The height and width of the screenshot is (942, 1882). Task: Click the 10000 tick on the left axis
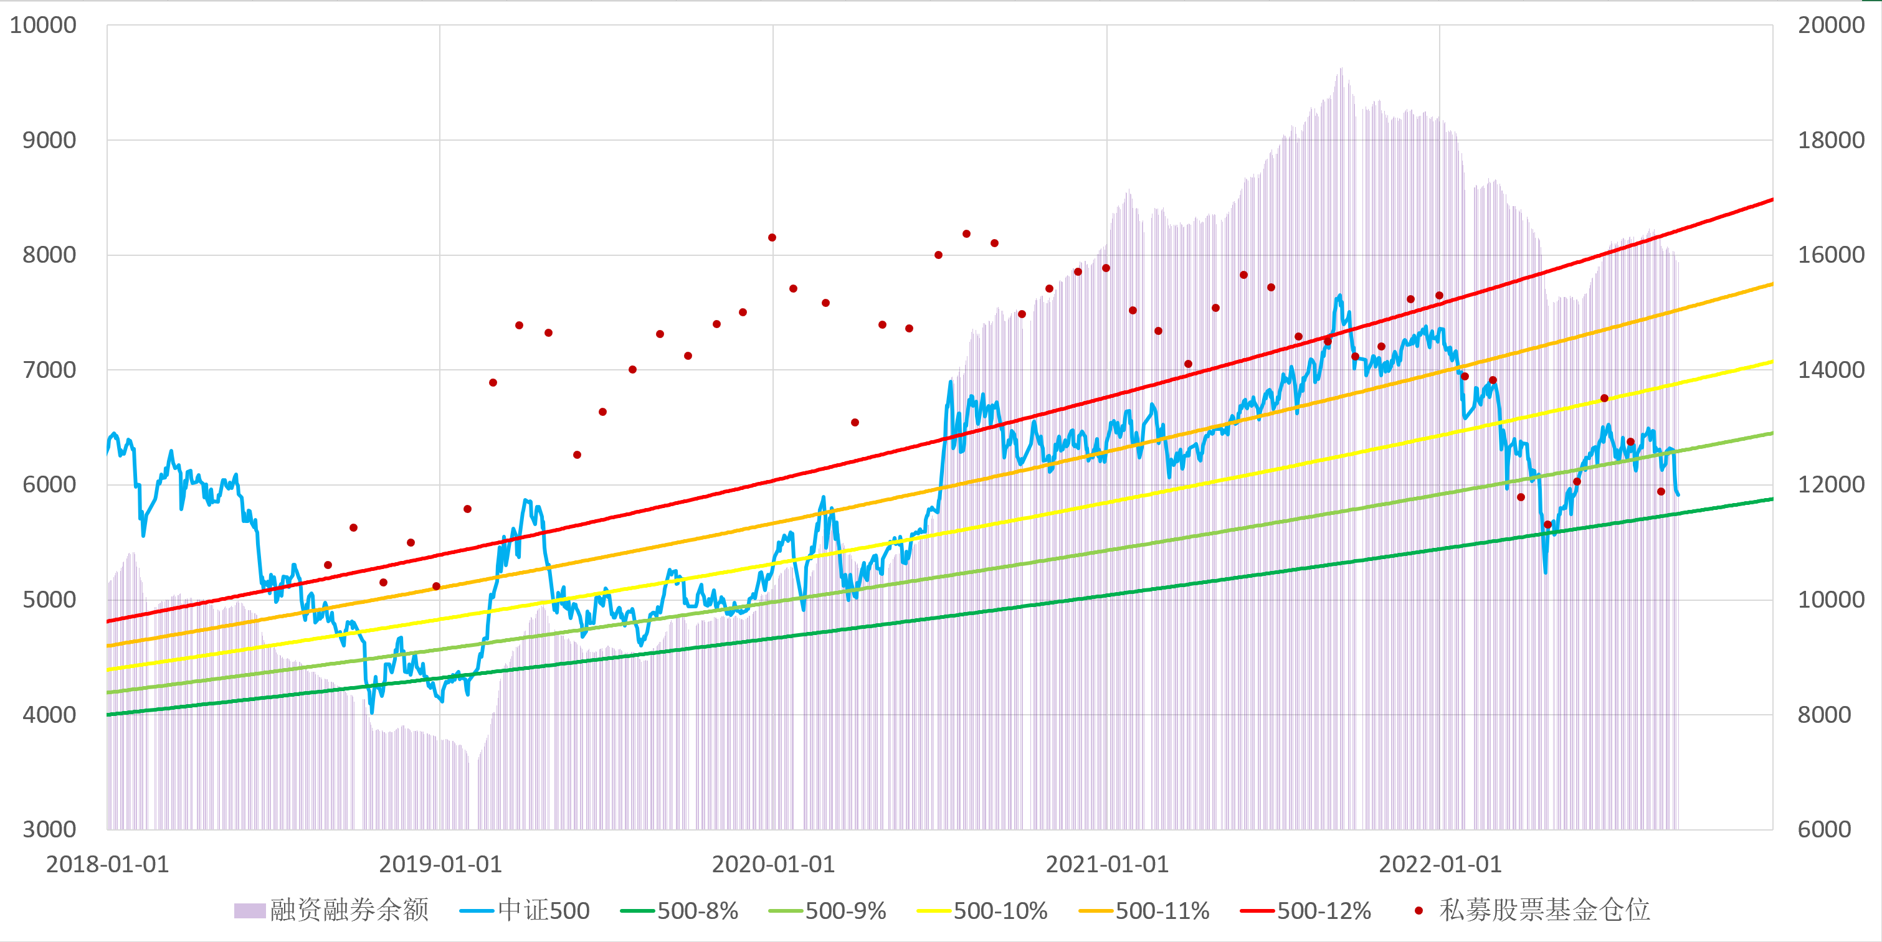pos(42,26)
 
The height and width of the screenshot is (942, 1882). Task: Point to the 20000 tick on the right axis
pos(1831,26)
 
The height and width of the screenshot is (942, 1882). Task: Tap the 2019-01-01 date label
pos(440,865)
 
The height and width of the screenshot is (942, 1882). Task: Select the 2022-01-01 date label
pos(1439,865)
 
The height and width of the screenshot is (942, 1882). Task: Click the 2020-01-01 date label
pos(773,865)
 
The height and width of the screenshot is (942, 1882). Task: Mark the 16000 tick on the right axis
pos(1831,255)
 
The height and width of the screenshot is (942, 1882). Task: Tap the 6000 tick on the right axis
pos(1824,829)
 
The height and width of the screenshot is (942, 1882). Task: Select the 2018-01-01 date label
pos(107,865)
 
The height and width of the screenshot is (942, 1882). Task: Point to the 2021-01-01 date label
pos(1107,865)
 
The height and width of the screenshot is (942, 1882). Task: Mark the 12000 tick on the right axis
pos(1831,485)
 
